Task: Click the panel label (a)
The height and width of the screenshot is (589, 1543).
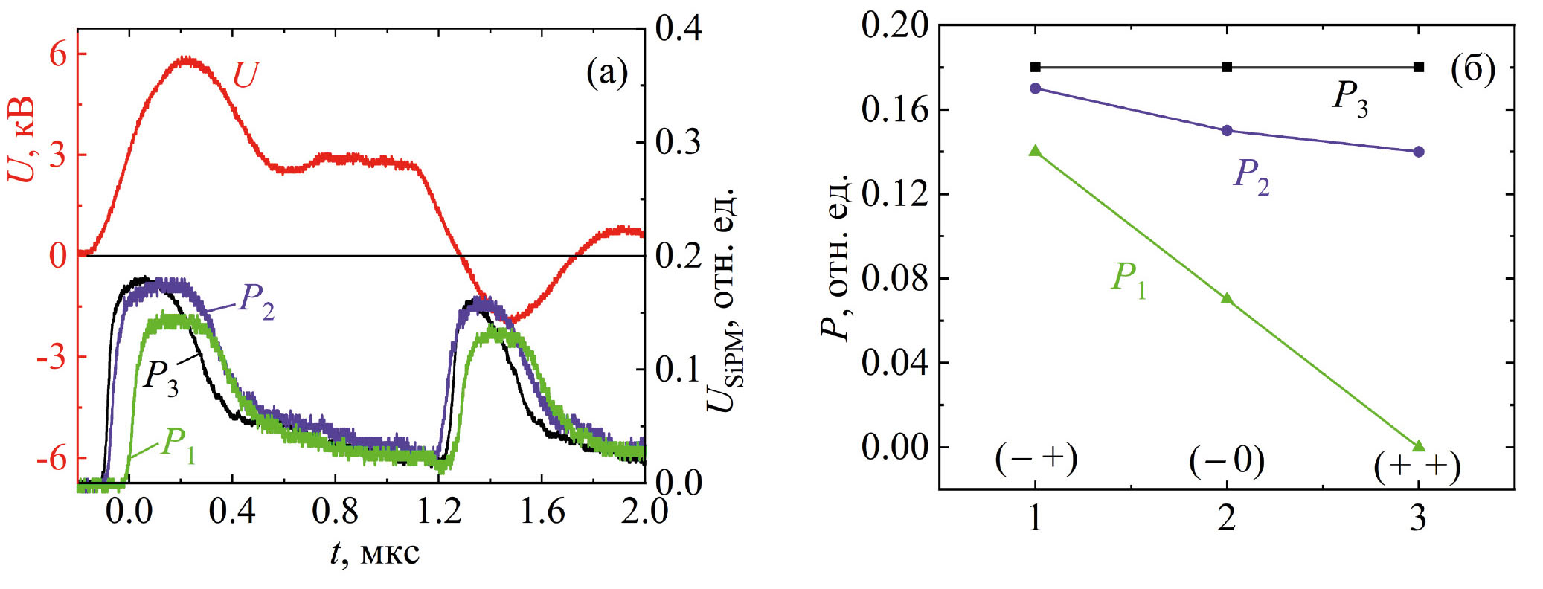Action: [x=607, y=74]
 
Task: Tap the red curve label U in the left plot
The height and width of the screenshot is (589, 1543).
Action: [x=246, y=75]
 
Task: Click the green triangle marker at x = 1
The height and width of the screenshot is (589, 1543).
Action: [x=1035, y=151]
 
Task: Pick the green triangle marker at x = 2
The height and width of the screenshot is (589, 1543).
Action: [x=1227, y=299]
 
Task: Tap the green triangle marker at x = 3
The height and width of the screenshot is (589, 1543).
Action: [x=1418, y=446]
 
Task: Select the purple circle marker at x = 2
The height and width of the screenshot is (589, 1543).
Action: [x=1227, y=130]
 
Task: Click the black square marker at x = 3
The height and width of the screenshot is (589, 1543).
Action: [x=1418, y=67]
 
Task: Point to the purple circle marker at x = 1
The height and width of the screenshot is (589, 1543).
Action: [x=1035, y=88]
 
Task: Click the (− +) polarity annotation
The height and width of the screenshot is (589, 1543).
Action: [x=1036, y=461]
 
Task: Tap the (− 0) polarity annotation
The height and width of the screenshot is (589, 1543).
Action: [x=1227, y=461]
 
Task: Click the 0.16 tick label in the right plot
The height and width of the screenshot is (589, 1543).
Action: [x=895, y=110]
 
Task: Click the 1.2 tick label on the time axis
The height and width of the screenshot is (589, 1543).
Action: [x=440, y=512]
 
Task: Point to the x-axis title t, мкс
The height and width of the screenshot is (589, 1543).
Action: [x=375, y=553]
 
